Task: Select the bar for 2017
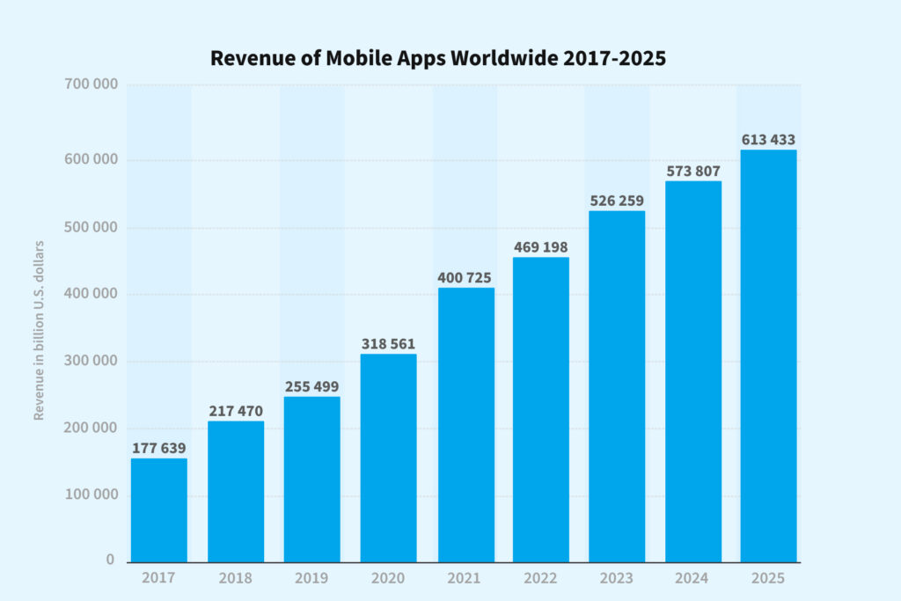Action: (159, 510)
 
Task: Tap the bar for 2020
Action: (388, 458)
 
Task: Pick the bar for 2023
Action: (617, 387)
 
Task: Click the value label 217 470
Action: (236, 411)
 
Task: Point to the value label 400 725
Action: (465, 278)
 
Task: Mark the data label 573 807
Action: (693, 172)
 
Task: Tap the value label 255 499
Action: (311, 386)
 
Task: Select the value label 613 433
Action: (769, 140)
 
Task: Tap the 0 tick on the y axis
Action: (111, 560)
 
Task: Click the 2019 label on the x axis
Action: (311, 578)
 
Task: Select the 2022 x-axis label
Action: (540, 578)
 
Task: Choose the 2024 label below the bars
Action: (693, 578)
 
